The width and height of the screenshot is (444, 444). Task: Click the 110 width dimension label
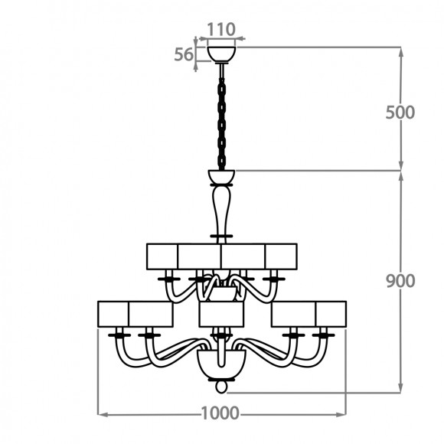click(221, 29)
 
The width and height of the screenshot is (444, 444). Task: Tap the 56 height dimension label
click(184, 54)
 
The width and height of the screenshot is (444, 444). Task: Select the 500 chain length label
click(400, 113)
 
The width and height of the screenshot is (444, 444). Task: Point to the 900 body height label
click(400, 281)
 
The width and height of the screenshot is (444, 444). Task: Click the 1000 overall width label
click(220, 413)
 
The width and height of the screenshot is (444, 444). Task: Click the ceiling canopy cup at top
click(221, 54)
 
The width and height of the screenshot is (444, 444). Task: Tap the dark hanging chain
click(221, 124)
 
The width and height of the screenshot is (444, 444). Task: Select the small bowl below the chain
click(221, 177)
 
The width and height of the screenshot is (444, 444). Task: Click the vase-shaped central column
click(221, 211)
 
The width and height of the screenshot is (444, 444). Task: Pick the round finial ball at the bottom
click(221, 387)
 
